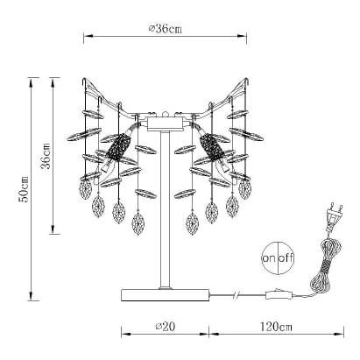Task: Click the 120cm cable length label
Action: pos(276,326)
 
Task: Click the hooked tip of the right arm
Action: pos(248,81)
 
